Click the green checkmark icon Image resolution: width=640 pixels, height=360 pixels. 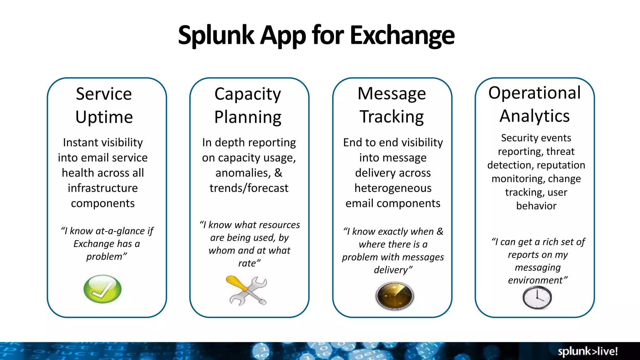(x=102, y=289)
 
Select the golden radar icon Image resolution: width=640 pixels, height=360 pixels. (x=394, y=296)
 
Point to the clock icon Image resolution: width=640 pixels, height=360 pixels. (x=537, y=297)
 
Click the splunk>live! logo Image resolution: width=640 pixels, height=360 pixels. (x=587, y=351)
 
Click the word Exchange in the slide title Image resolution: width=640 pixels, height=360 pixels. (x=402, y=35)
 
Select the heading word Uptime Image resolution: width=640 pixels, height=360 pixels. (x=104, y=117)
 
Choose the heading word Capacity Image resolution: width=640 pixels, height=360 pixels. (x=247, y=94)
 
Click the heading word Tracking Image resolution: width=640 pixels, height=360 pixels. (x=392, y=117)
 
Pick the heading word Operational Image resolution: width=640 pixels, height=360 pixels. (x=534, y=93)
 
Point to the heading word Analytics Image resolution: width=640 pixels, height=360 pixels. (x=534, y=116)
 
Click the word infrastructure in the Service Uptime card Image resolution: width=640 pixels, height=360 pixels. (x=103, y=188)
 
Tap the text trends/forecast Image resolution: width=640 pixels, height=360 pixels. (x=249, y=188)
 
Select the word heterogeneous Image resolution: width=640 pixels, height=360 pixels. (x=393, y=188)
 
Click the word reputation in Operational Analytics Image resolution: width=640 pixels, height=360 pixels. (x=561, y=165)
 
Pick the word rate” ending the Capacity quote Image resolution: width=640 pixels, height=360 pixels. (x=249, y=263)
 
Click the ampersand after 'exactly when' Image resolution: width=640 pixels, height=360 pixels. (x=440, y=232)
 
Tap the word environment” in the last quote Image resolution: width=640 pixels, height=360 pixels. (x=537, y=280)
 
